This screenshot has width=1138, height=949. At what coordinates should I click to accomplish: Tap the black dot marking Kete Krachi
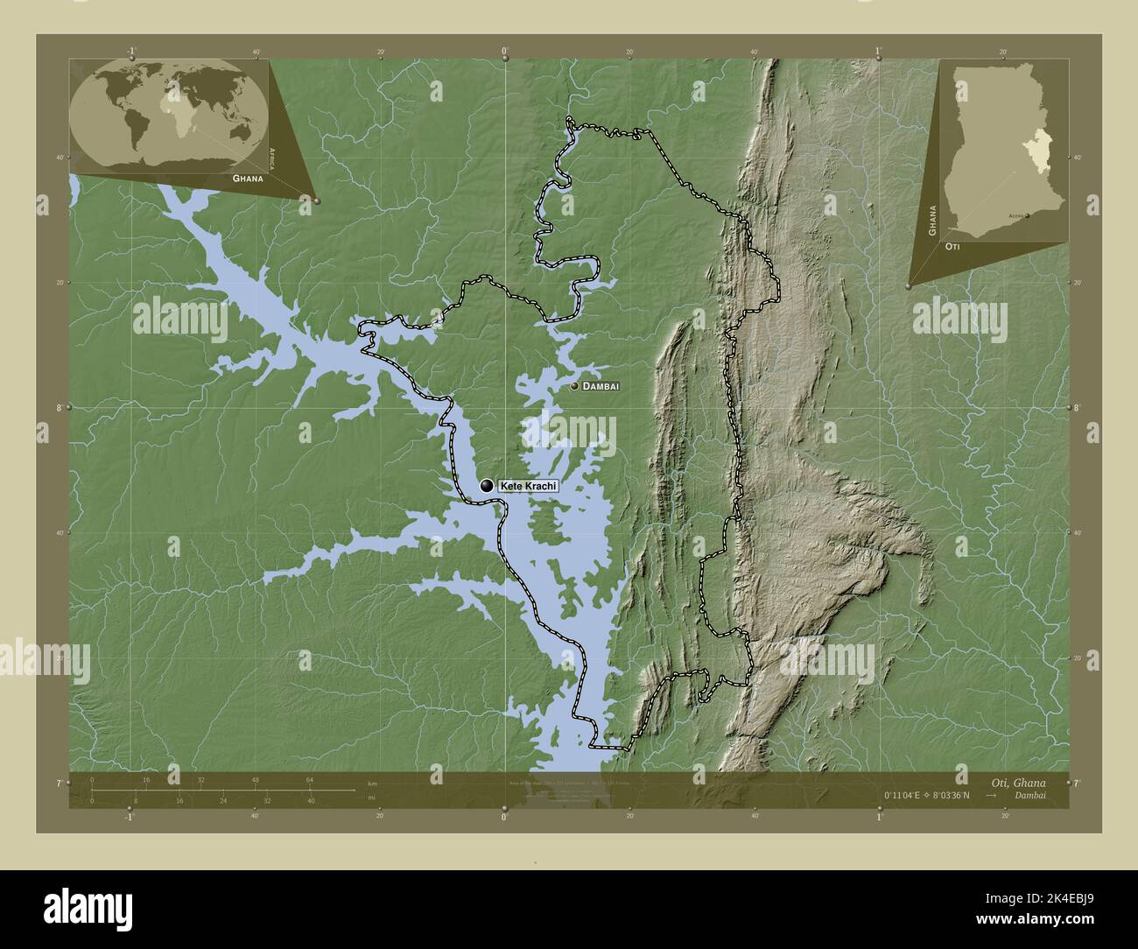pyautogui.click(x=487, y=486)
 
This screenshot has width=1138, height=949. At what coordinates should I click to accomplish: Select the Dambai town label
pyautogui.click(x=601, y=386)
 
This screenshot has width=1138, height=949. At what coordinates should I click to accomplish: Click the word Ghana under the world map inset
pyautogui.click(x=248, y=178)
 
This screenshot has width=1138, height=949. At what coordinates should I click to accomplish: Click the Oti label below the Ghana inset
pyautogui.click(x=955, y=248)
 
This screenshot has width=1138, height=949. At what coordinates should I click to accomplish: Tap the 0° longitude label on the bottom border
pyautogui.click(x=504, y=817)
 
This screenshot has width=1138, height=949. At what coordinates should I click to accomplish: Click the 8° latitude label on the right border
pyautogui.click(x=1077, y=408)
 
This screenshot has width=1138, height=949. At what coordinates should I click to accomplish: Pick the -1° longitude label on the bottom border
pyautogui.click(x=130, y=817)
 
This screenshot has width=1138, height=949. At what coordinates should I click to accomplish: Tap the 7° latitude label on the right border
pyautogui.click(x=1077, y=783)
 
